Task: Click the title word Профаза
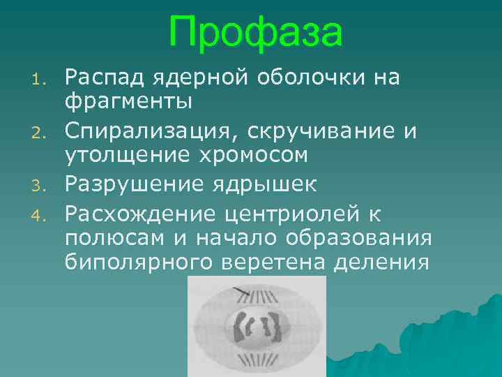(x=255, y=33)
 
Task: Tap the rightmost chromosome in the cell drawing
(x=273, y=327)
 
